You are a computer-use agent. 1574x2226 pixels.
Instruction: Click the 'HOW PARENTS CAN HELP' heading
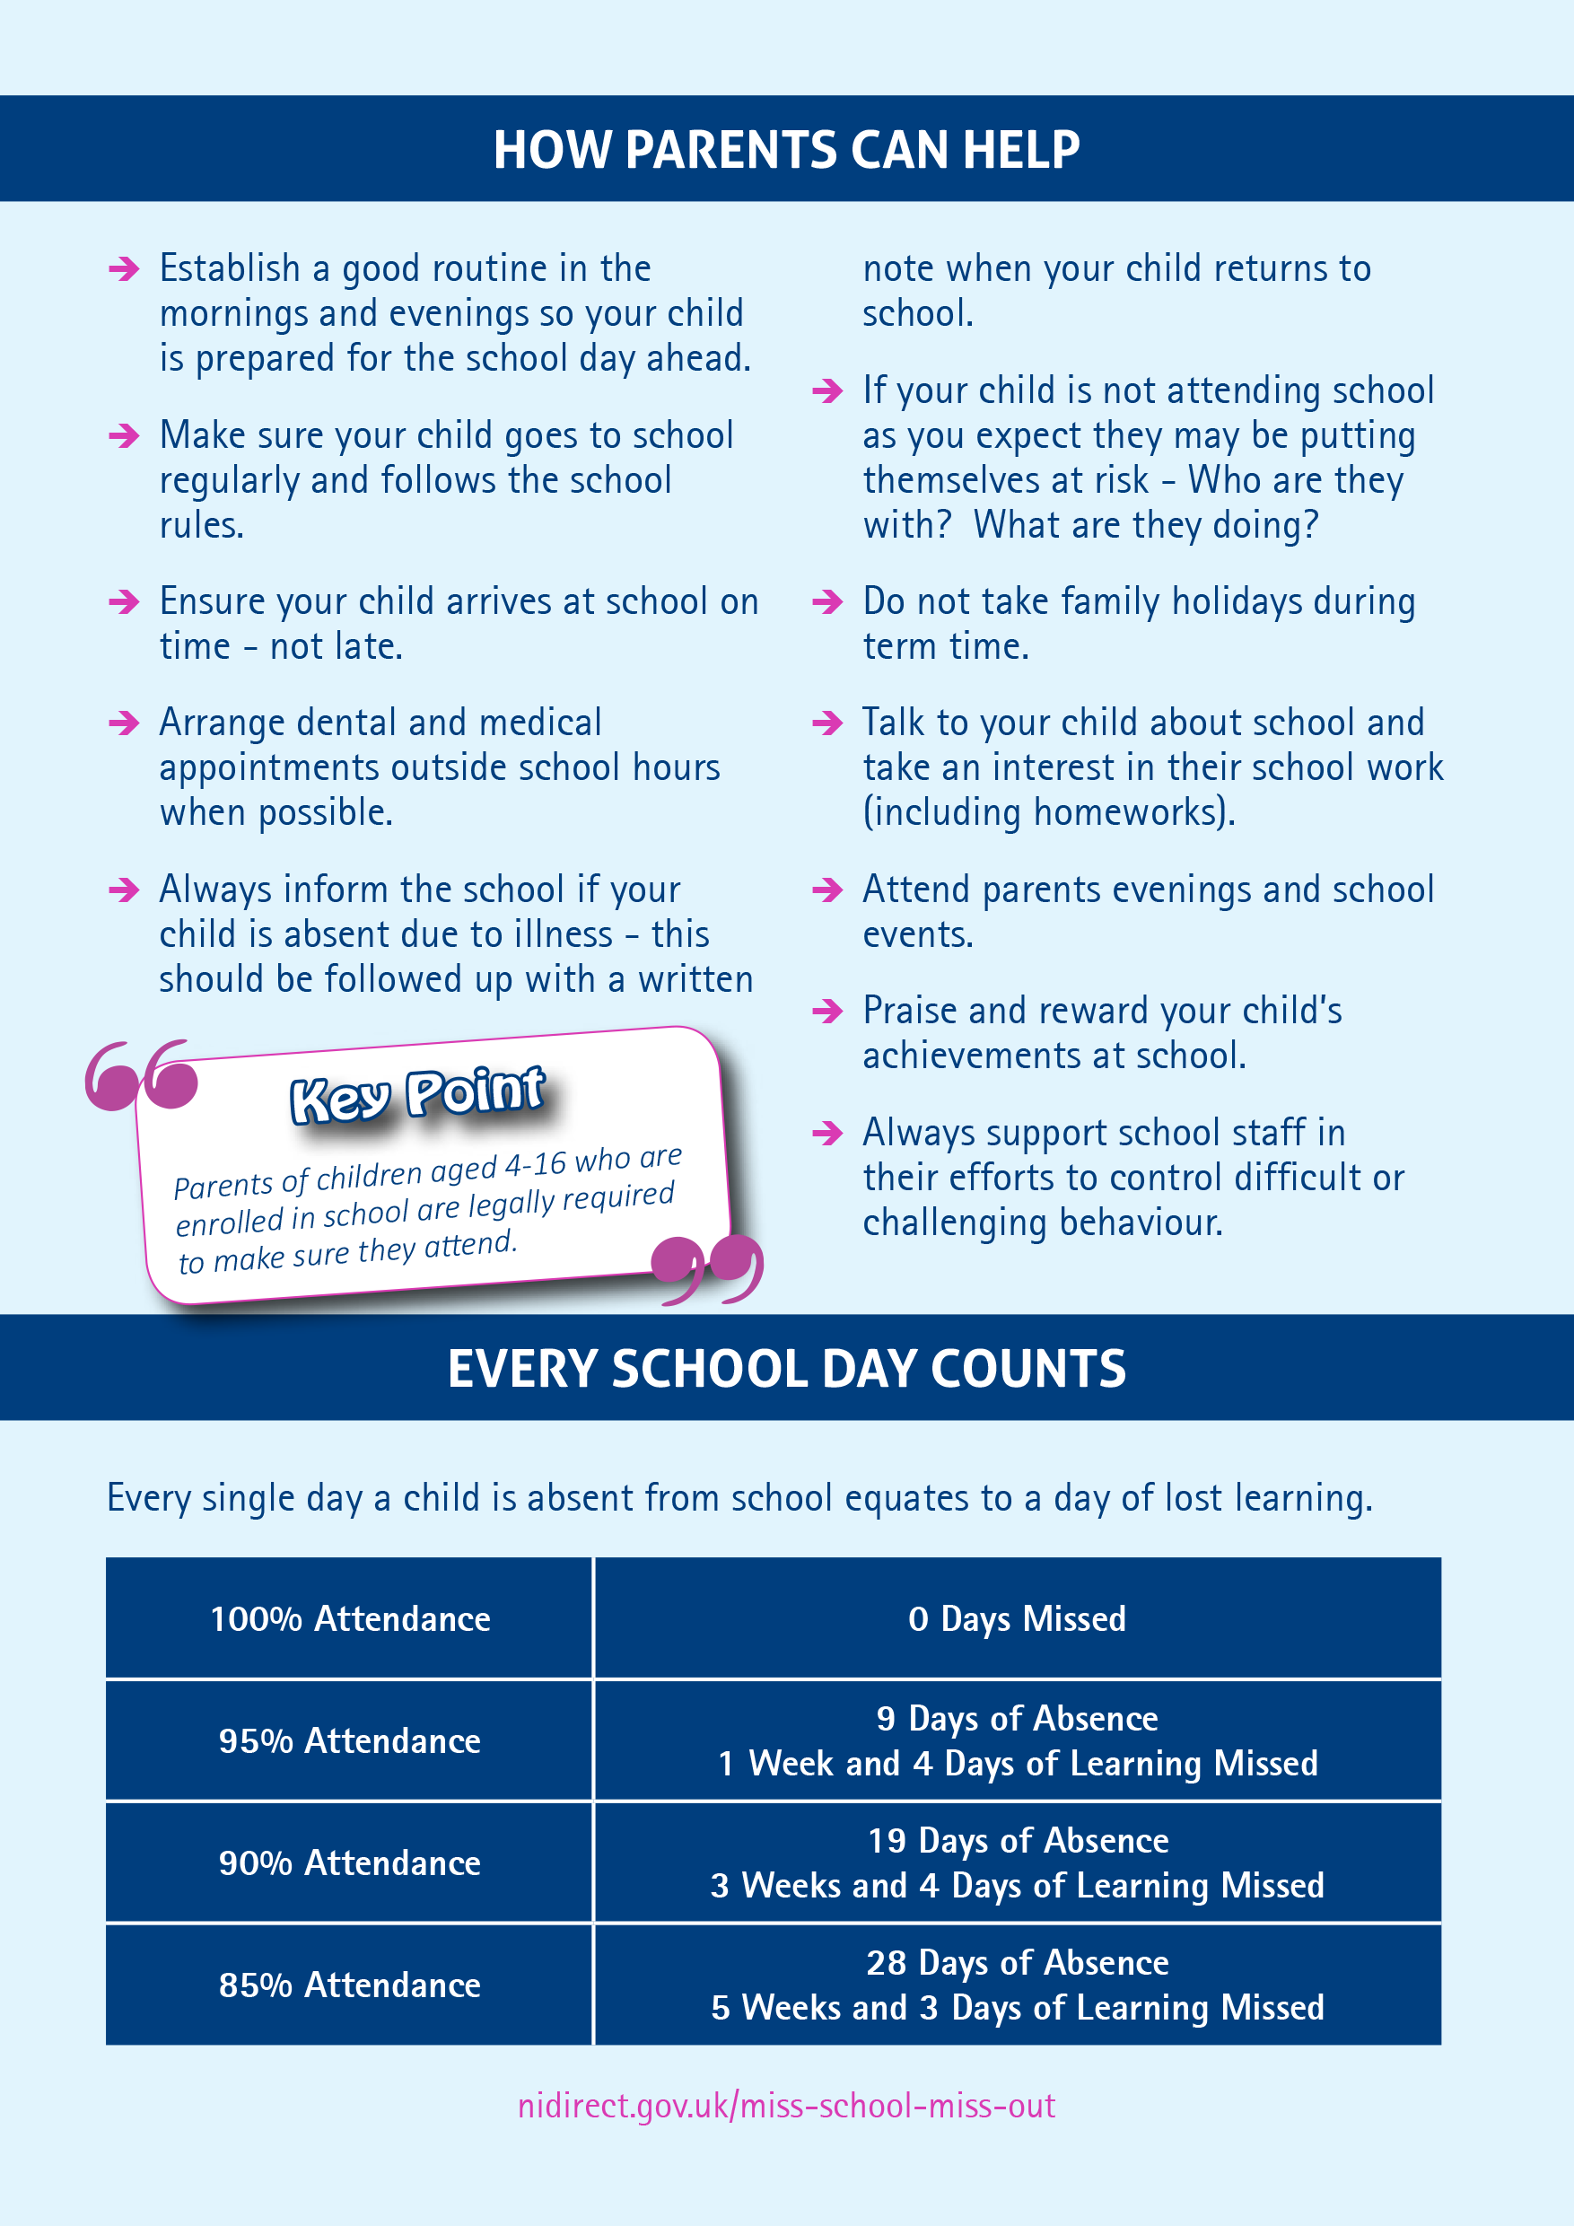[x=786, y=150]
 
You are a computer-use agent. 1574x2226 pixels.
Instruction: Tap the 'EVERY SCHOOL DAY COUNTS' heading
[x=786, y=1369]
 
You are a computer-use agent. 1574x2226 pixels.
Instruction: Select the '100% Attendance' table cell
[x=350, y=1619]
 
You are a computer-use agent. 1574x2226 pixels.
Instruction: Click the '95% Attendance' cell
[x=350, y=1741]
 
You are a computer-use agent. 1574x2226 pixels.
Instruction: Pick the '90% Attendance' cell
[x=350, y=1863]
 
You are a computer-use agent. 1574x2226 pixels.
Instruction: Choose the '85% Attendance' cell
[x=350, y=1985]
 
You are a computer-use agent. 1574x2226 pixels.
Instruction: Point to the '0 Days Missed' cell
[x=1017, y=1619]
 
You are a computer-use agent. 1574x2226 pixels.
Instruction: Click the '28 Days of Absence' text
[x=1017, y=1963]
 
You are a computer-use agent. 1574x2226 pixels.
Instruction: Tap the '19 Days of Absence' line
[x=1017, y=1841]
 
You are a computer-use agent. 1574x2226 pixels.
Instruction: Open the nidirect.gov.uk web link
[x=786, y=2107]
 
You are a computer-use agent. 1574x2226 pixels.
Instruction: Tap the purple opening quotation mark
[x=142, y=1075]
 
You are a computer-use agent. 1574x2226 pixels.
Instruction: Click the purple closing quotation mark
[x=707, y=1267]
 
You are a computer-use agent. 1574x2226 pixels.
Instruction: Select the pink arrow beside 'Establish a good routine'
[x=124, y=268]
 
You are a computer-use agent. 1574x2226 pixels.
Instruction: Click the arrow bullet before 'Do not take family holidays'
[x=827, y=602]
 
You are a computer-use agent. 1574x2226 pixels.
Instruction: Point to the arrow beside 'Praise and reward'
[x=827, y=1012]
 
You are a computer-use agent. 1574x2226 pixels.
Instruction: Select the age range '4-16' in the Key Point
[x=535, y=1166]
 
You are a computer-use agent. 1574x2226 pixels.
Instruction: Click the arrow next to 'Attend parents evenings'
[x=827, y=890]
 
